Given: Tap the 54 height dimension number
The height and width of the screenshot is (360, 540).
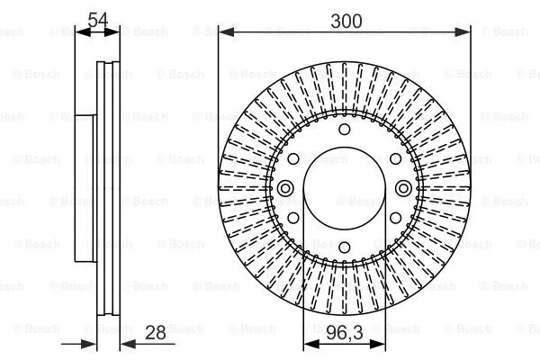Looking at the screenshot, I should [98, 19].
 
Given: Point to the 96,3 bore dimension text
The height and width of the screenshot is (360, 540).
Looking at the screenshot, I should [343, 334].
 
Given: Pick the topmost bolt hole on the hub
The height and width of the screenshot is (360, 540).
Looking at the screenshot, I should [343, 131].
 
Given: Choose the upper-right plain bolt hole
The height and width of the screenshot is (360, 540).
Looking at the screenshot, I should [392, 159].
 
